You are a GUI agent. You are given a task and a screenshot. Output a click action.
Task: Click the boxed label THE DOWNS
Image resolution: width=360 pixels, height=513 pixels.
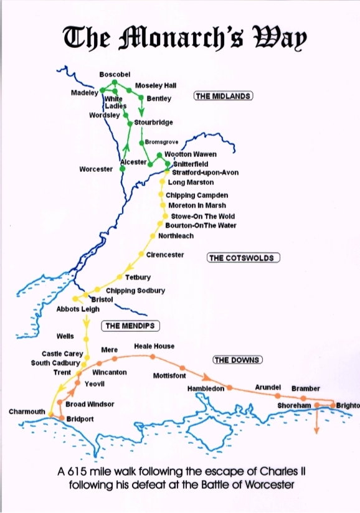237,360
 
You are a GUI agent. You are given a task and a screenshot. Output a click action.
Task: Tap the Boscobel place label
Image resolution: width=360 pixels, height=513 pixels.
115,75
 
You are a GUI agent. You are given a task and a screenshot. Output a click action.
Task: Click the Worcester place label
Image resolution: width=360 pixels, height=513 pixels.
96,169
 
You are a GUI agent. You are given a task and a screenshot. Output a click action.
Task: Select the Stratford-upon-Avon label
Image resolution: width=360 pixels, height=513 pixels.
205,172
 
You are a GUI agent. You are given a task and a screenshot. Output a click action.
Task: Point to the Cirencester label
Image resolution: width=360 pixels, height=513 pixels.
165,255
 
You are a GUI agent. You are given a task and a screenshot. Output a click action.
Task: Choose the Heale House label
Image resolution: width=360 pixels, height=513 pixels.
154,346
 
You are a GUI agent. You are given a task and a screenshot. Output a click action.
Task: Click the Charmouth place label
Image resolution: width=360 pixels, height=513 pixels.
27,412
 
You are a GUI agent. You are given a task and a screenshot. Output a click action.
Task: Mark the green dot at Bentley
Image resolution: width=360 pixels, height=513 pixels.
141,98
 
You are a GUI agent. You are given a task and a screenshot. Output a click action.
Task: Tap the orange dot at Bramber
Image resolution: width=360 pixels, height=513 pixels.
303,398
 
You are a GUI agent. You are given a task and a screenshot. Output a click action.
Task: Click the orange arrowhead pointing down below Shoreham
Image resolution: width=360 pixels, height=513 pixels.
317,428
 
